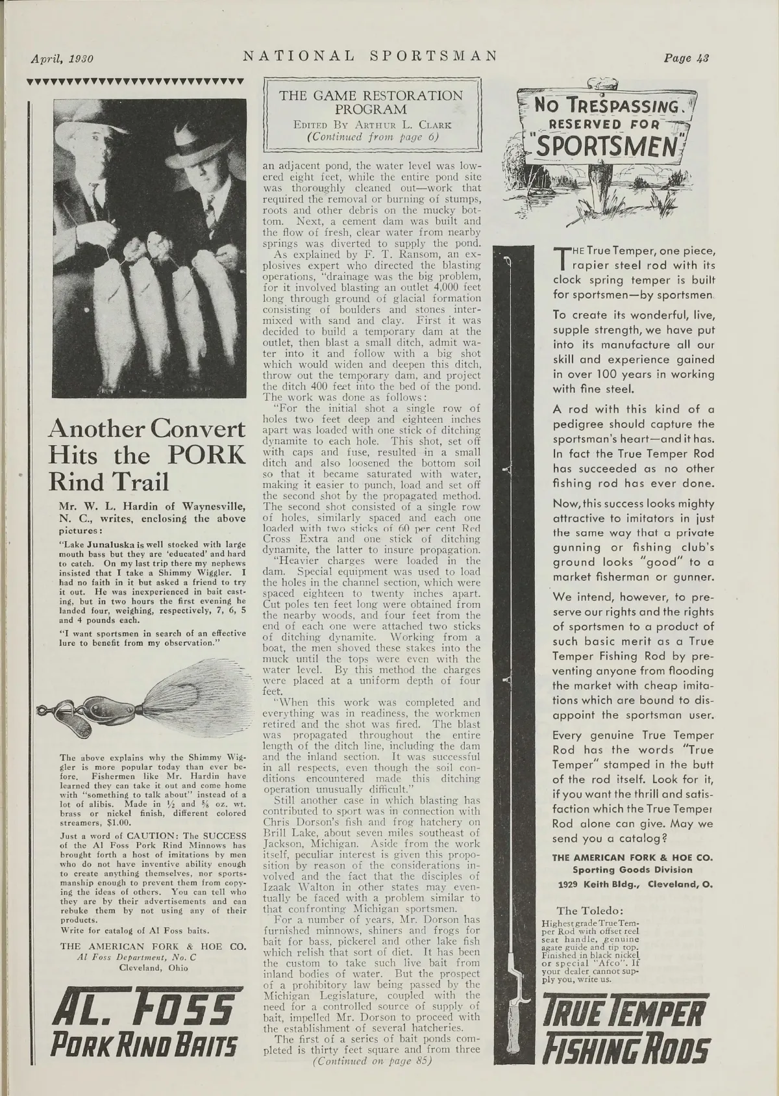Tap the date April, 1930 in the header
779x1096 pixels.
[x=63, y=58]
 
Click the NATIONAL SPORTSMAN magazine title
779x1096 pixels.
[x=370, y=56]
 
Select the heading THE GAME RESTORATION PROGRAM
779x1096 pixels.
[x=371, y=102]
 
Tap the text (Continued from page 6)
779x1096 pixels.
[x=373, y=136]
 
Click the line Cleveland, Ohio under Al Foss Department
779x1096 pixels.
[x=153, y=967]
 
